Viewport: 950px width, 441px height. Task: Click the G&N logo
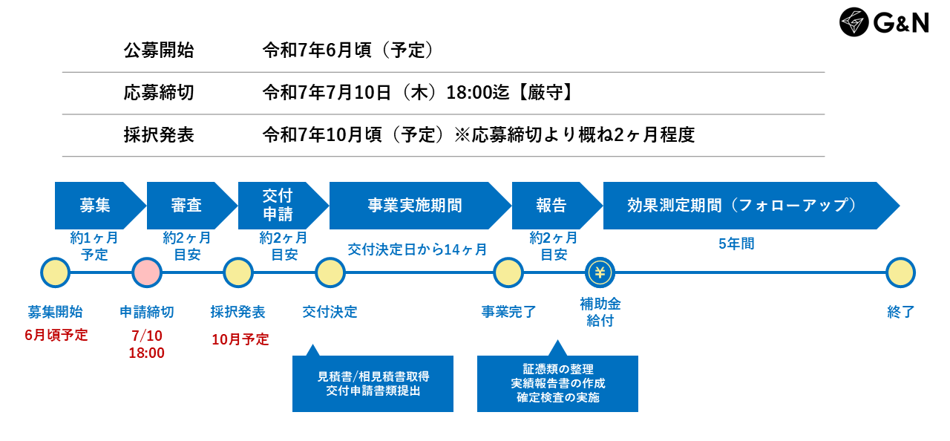pyautogui.click(x=884, y=22)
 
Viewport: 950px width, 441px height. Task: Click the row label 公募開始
pyautogui.click(x=159, y=50)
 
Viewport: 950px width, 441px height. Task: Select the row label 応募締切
pyautogui.click(x=159, y=93)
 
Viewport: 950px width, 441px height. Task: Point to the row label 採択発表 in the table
pyautogui.click(x=159, y=135)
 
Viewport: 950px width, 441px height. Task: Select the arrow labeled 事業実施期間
pyautogui.click(x=416, y=206)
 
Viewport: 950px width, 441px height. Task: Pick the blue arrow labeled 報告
pyautogui.click(x=553, y=206)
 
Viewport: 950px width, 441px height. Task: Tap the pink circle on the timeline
pyautogui.click(x=147, y=273)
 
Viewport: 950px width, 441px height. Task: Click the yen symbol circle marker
pyautogui.click(x=600, y=273)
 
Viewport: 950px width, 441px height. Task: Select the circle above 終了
pyautogui.click(x=900, y=273)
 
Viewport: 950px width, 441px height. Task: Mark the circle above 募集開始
pyautogui.click(x=56, y=273)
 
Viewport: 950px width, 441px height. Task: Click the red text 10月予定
pyautogui.click(x=240, y=339)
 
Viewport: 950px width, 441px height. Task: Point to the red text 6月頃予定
pyautogui.click(x=56, y=335)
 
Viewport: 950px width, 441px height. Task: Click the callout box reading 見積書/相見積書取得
pyautogui.click(x=373, y=384)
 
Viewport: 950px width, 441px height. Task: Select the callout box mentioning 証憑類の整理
pyautogui.click(x=557, y=384)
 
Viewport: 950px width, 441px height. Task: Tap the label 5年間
pyautogui.click(x=737, y=244)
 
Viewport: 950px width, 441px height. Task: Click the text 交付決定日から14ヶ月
pyautogui.click(x=417, y=249)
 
